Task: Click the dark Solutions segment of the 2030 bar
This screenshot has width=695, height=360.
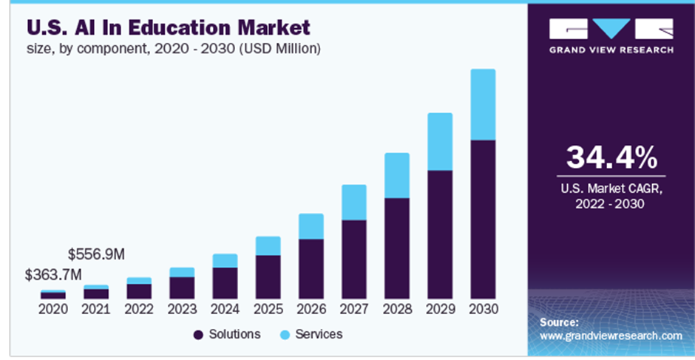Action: pyautogui.click(x=483, y=219)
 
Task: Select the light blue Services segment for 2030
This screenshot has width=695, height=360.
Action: pyautogui.click(x=483, y=104)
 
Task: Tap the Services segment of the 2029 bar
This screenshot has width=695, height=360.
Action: pyautogui.click(x=440, y=141)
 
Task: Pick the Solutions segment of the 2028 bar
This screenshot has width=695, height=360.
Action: pyautogui.click(x=397, y=248)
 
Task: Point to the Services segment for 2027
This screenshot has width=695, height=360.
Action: pyautogui.click(x=354, y=202)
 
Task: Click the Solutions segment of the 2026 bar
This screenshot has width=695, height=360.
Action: pyautogui.click(x=311, y=268)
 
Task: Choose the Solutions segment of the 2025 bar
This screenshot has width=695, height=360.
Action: pyautogui.click(x=268, y=276)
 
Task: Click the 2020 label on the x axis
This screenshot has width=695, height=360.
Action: pyautogui.click(x=52, y=308)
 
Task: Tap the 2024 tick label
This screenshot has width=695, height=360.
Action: pyautogui.click(x=225, y=308)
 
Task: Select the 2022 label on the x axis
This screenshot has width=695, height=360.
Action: pyautogui.click(x=139, y=308)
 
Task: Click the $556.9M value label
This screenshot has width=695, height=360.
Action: pyautogui.click(x=96, y=254)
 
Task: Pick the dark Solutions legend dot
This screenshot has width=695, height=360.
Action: pyautogui.click(x=198, y=335)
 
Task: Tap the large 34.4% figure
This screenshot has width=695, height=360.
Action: pyautogui.click(x=611, y=157)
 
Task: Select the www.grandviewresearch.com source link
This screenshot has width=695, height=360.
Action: pyautogui.click(x=611, y=336)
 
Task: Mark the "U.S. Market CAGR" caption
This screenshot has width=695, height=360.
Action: pyautogui.click(x=611, y=189)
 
